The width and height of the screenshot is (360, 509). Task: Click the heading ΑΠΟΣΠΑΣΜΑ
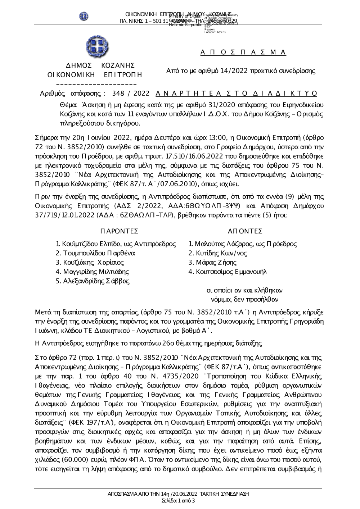pos(243,53)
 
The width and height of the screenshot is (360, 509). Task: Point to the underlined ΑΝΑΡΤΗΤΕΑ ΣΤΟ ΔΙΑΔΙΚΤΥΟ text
pos(237,94)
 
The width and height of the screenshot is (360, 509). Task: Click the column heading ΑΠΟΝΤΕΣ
pos(245,231)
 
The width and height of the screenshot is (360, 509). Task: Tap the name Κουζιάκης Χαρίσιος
pos(93,263)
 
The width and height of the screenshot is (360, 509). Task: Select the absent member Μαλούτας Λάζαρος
pos(224,244)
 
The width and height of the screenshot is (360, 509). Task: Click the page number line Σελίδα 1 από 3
pos(179,501)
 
